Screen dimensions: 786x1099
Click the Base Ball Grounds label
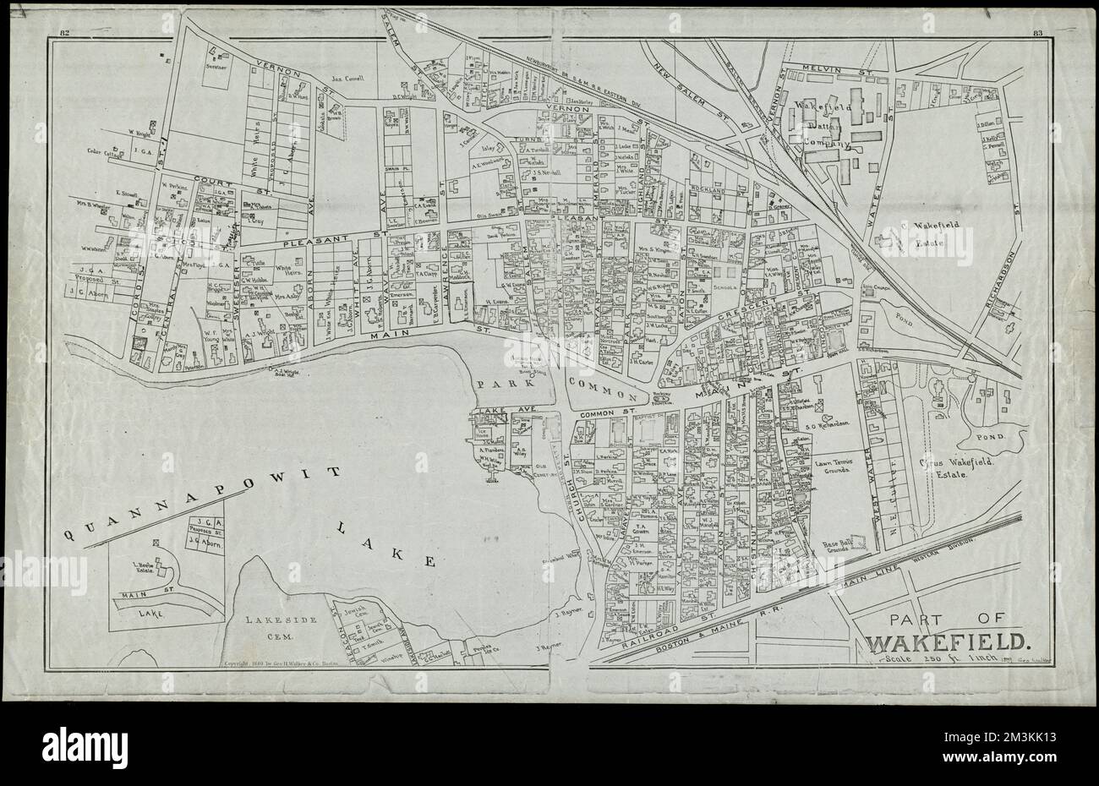point(841,549)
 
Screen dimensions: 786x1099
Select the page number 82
point(64,34)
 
